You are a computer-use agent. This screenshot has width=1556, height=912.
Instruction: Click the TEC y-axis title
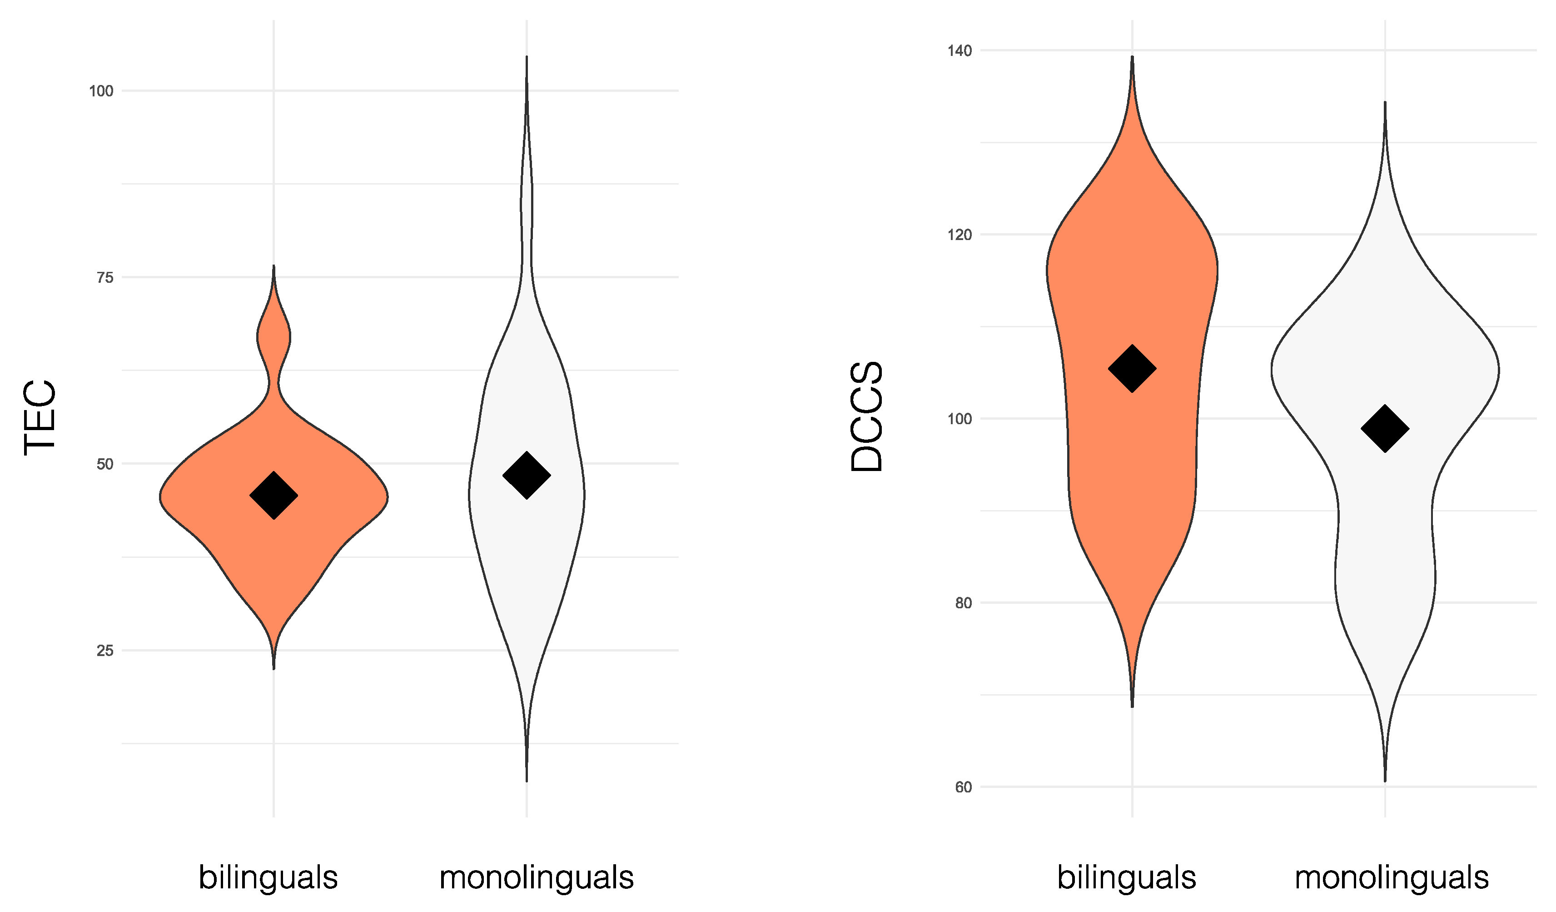[x=40, y=418]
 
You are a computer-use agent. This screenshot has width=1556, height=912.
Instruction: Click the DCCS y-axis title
[x=867, y=417]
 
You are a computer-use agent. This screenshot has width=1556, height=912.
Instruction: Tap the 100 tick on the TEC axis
[x=101, y=91]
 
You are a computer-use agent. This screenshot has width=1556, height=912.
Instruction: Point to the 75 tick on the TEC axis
[x=105, y=278]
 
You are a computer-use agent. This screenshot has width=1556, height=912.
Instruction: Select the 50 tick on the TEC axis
[x=105, y=465]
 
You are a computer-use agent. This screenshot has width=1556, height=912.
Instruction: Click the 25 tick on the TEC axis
[x=105, y=651]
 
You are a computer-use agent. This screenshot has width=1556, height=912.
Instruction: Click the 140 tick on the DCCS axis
[x=959, y=50]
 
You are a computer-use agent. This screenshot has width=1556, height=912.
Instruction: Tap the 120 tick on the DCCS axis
[x=959, y=235]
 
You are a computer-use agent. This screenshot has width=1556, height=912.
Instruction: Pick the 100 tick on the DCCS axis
[x=959, y=419]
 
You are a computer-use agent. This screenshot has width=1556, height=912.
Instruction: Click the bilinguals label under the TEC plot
[x=268, y=877]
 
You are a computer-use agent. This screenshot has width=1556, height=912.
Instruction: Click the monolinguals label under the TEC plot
[x=537, y=877]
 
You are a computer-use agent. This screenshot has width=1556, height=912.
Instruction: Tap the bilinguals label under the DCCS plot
[x=1127, y=877]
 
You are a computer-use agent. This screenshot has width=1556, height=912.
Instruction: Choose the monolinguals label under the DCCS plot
[x=1392, y=877]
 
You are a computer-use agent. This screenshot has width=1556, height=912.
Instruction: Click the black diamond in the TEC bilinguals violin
[x=273, y=496]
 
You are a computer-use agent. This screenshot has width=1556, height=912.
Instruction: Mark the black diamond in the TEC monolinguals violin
[x=527, y=476]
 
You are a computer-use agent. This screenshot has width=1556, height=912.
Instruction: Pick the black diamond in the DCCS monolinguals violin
[x=1385, y=429]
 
